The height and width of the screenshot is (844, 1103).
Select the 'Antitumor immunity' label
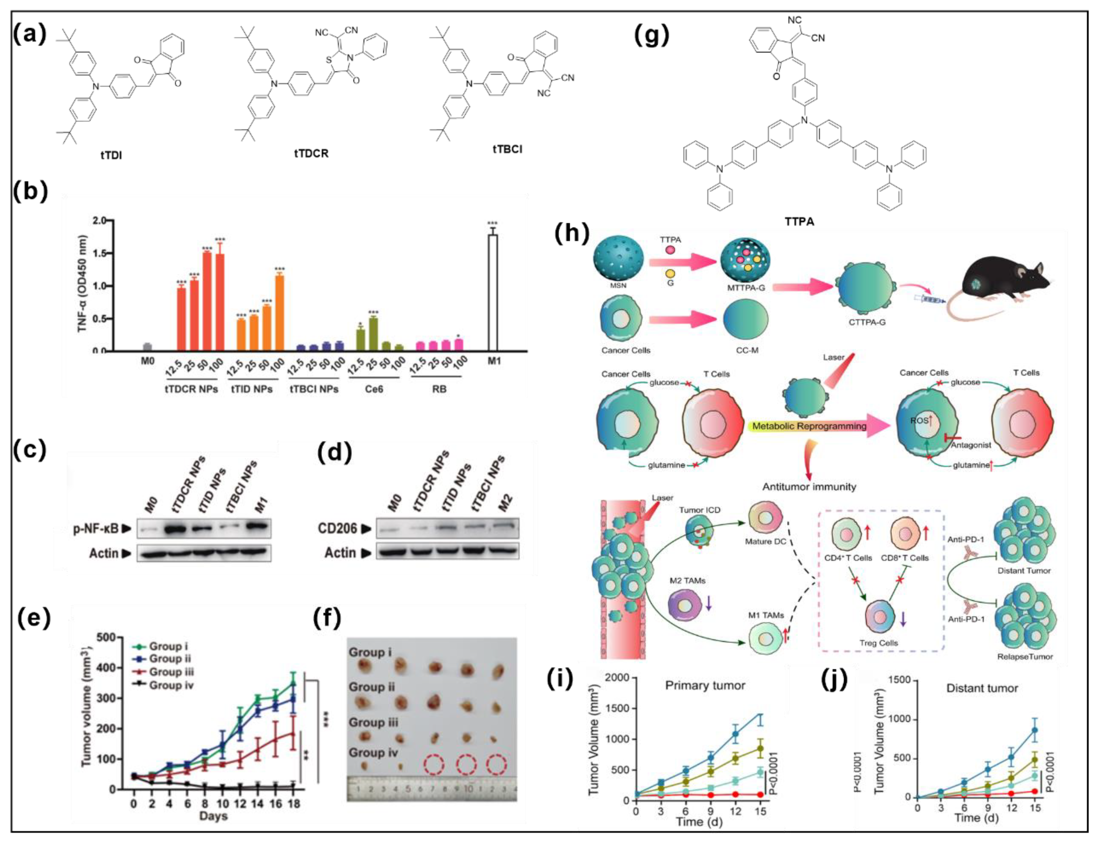coord(809,486)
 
